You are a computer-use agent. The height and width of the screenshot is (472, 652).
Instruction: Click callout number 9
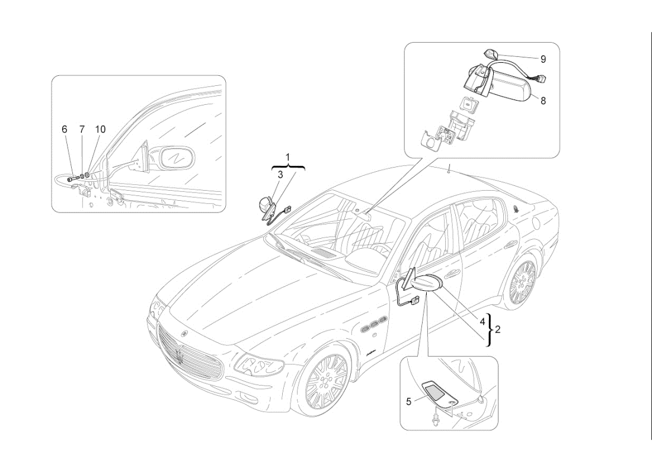coord(543,59)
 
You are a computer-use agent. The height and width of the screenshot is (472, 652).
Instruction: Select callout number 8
coord(543,100)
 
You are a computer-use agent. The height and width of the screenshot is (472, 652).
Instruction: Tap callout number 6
coord(65,129)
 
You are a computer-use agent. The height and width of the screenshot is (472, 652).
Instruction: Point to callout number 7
coord(82,129)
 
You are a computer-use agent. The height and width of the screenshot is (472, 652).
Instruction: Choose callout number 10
coord(101,129)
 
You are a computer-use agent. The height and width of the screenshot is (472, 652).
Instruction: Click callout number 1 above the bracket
coord(288,158)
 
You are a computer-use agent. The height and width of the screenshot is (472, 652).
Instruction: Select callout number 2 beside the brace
coord(498,329)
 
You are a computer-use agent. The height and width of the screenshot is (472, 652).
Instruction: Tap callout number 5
coord(409,402)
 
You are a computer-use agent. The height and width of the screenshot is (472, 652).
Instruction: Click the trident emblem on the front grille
coord(178,356)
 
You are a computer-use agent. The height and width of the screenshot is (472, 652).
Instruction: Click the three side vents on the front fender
coord(373,325)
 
